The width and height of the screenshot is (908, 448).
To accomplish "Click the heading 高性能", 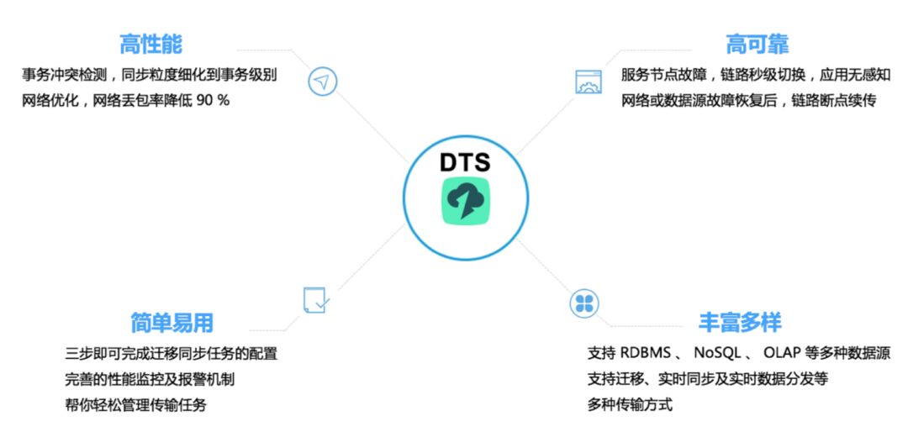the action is coord(150,44).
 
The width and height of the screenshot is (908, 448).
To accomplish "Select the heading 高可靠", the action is coord(757,44).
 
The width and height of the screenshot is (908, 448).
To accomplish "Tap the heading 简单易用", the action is coord(172,322).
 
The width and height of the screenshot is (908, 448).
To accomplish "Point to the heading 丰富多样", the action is coord(740,322).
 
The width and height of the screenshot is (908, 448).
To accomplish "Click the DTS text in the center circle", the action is coord(465,161).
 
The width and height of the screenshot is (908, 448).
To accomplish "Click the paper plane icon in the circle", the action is coord(322,81).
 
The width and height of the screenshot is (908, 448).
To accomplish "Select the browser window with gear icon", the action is coord(588,82).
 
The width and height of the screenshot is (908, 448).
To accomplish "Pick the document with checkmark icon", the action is coord(315,300).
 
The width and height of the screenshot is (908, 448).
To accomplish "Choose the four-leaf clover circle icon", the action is coord(584,303).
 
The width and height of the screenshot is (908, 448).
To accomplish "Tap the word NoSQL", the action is coord(717,353).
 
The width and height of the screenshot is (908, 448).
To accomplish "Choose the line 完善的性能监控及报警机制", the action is coord(150,379).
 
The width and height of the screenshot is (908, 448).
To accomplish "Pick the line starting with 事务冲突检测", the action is coord(150,75).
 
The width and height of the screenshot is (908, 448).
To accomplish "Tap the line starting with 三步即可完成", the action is coord(171,353).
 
